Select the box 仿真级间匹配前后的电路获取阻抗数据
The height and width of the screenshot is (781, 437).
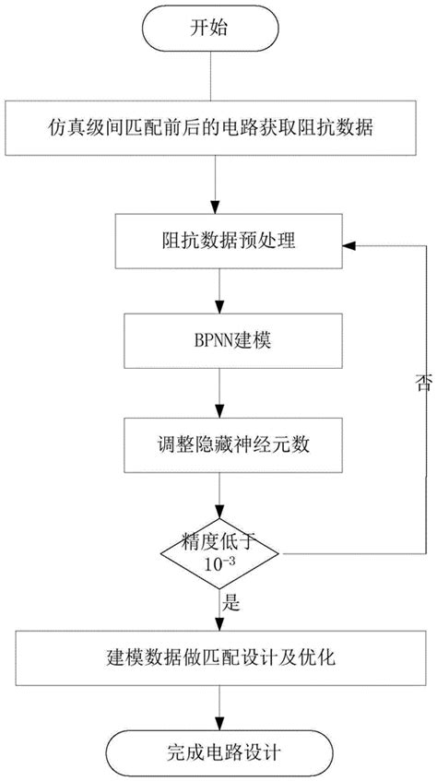[x=218, y=130]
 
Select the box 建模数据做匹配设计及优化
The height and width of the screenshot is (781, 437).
[x=218, y=657]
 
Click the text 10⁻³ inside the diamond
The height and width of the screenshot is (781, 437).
[x=218, y=563]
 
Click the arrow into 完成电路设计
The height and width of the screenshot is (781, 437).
[x=218, y=705]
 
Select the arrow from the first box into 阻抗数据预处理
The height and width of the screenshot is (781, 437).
[x=218, y=186]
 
